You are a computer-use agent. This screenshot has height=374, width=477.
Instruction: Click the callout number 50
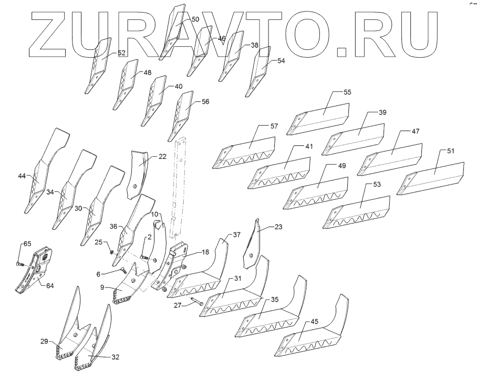194,19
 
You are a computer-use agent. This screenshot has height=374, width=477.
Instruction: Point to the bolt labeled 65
19,262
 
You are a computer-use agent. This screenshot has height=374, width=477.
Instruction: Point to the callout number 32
115,357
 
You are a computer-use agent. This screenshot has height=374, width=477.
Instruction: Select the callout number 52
121,53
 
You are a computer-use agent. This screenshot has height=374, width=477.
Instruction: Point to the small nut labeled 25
111,251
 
